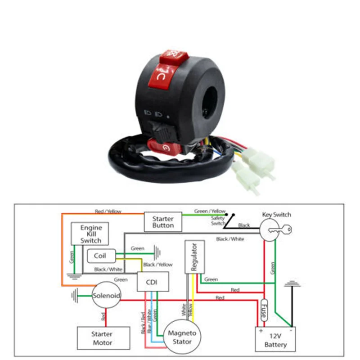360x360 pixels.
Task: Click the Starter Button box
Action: [x=163, y=221]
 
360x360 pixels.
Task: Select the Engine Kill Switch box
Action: [x=91, y=234]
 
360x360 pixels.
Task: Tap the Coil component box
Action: [x=100, y=256]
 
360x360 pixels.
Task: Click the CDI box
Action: [x=153, y=282]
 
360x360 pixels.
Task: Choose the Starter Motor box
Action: [x=102, y=338]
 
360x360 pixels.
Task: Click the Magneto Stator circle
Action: [x=182, y=337]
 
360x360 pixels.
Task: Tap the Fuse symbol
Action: [x=265, y=310]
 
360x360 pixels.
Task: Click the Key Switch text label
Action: [x=276, y=215]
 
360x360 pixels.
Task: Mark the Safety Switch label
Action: [x=218, y=221]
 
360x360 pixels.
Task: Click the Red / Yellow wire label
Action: [x=108, y=211]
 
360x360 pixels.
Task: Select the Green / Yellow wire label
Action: [x=210, y=211]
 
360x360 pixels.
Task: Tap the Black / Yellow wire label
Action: [x=157, y=265]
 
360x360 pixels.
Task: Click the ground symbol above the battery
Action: [x=293, y=284]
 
